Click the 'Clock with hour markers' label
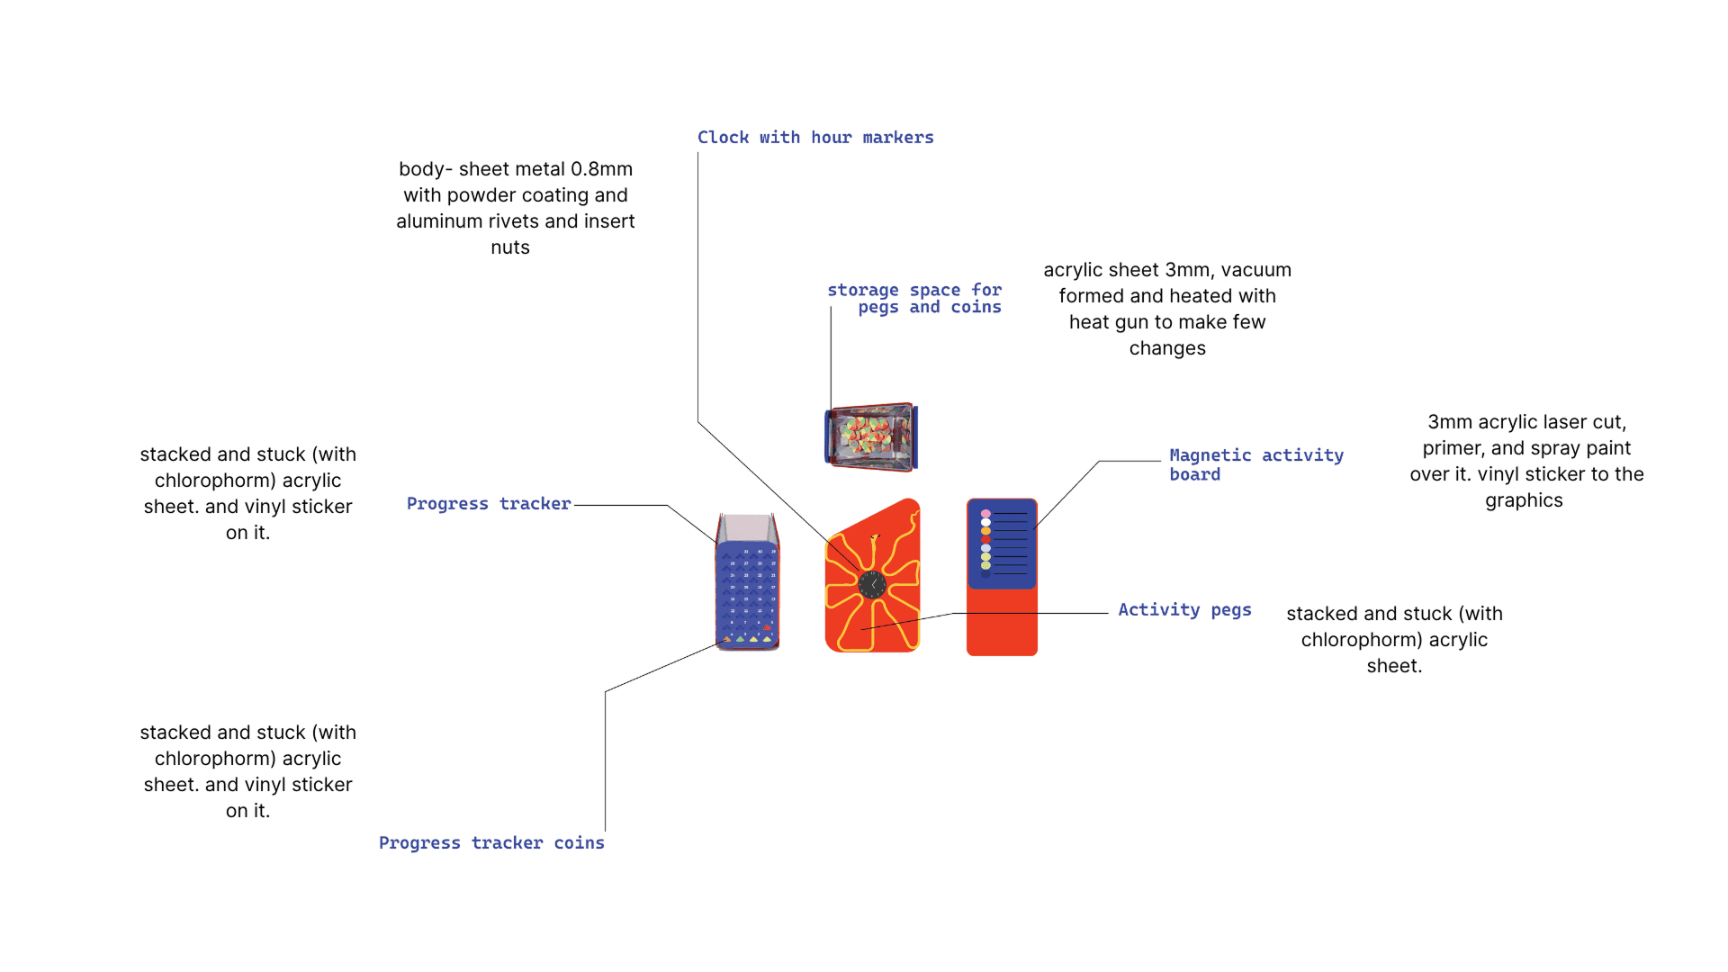click(x=815, y=138)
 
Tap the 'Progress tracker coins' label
click(x=491, y=843)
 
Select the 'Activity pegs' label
click(x=1184, y=610)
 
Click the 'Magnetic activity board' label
click(x=1255, y=464)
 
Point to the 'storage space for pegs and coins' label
click(x=914, y=299)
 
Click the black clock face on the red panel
click(x=872, y=585)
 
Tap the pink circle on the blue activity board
click(x=985, y=513)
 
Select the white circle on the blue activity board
click(x=985, y=522)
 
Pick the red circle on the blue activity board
click(x=985, y=539)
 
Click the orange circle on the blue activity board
click(x=985, y=531)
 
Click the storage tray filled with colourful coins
click(x=870, y=437)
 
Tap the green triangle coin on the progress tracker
click(x=740, y=640)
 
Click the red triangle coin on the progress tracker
click(x=767, y=627)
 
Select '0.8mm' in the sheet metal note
click(x=601, y=169)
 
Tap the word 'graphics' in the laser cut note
click(x=1524, y=500)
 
